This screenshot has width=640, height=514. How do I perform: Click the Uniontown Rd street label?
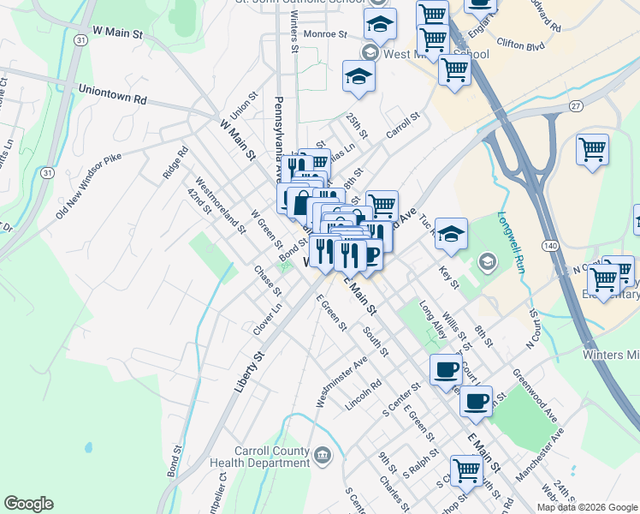[x=111, y=93]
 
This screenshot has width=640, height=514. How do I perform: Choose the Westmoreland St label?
[x=220, y=206]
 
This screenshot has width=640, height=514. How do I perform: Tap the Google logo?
[x=28, y=504]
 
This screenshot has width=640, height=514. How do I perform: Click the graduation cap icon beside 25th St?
[x=359, y=77]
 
